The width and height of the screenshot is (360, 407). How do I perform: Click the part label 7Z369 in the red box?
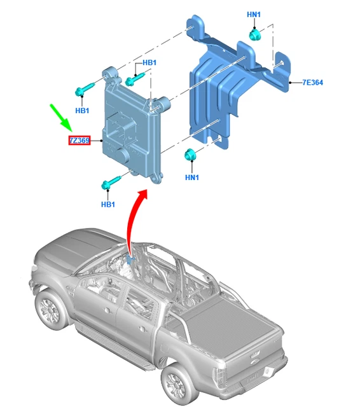[80, 141]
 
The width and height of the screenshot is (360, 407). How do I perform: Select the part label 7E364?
[313, 83]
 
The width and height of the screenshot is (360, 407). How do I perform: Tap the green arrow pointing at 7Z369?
[60, 117]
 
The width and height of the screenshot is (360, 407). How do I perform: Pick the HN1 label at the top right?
[254, 15]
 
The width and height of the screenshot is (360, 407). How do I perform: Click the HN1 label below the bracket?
[192, 177]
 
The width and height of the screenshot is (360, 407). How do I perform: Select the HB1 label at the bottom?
[108, 205]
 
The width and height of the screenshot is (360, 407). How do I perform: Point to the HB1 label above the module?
[149, 62]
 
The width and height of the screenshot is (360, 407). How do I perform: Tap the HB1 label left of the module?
[82, 111]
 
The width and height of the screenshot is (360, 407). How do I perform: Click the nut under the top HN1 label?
[254, 34]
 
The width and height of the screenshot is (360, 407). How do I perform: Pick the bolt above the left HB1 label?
[84, 89]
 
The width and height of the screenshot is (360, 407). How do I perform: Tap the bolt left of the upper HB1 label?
[134, 79]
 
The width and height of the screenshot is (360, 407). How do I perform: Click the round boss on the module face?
[122, 155]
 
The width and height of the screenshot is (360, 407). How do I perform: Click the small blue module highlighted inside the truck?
[130, 259]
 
